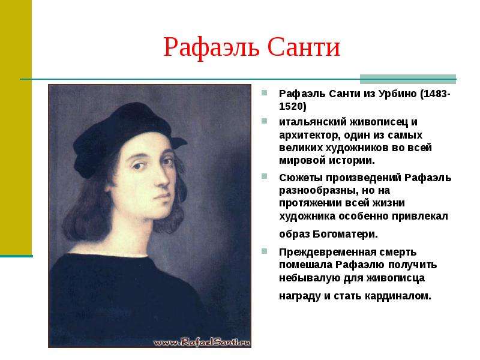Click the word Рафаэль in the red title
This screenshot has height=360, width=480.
click(211, 48)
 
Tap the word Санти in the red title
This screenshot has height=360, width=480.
click(304, 47)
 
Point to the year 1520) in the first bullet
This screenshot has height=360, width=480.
click(292, 107)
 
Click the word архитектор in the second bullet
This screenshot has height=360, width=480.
click(310, 135)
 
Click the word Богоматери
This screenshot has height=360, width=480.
click(346, 234)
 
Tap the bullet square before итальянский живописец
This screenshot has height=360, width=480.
click(264, 121)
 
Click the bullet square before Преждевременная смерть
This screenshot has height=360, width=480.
click(264, 251)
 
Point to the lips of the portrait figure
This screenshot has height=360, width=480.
click(162, 196)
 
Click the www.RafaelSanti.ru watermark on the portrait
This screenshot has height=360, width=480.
click(202, 342)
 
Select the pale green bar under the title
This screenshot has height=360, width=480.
click(408, 79)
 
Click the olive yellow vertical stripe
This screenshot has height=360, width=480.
click(16, 127)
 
